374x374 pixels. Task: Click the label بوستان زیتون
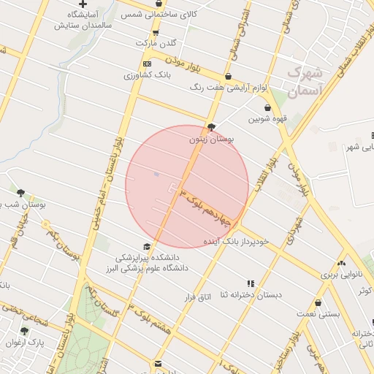210,138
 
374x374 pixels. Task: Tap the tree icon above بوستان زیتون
212,127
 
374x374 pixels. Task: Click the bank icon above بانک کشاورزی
148,64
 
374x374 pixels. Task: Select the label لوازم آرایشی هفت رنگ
228,88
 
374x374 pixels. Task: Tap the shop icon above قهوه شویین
267,107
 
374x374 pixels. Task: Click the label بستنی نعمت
318,313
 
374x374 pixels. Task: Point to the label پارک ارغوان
26,342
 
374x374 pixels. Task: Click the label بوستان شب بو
23,205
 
